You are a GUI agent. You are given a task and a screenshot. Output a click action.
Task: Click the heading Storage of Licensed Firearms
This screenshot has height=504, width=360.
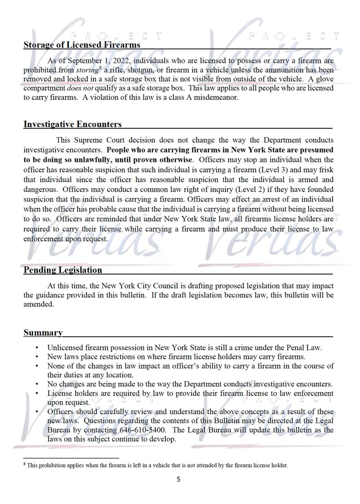(x=82, y=45)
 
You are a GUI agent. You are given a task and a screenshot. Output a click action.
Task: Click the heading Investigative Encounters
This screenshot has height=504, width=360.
(x=72, y=124)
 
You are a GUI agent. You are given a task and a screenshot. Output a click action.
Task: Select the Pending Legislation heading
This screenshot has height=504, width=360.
(x=63, y=270)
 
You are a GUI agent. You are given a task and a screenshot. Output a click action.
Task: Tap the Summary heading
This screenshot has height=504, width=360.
(x=43, y=333)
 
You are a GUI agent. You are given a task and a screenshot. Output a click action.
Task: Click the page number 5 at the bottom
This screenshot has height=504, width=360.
(x=178, y=479)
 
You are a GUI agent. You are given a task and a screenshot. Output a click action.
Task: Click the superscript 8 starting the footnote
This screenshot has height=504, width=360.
(x=25, y=464)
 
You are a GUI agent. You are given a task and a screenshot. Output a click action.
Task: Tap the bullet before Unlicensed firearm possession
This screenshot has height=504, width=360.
(x=37, y=348)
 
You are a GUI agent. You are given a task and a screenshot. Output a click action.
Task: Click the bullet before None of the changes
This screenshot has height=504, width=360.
(x=37, y=366)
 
